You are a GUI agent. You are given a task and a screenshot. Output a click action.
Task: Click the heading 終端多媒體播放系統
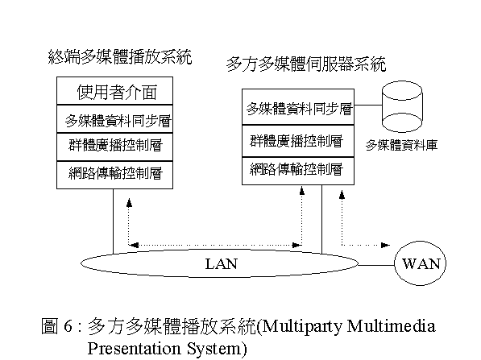click(120, 56)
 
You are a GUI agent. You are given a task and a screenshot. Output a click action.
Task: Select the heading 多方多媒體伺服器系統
click(306, 64)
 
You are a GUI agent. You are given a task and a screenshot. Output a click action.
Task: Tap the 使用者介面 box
click(114, 91)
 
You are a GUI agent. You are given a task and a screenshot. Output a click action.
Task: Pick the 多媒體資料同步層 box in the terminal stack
click(114, 119)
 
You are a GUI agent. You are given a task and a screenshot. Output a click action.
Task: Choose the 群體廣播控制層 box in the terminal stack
click(114, 147)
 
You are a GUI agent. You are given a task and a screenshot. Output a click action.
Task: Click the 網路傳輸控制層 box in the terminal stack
click(114, 175)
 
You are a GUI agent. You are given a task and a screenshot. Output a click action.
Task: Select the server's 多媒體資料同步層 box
click(298, 107)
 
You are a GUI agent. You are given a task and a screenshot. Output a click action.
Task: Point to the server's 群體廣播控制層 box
click(298, 142)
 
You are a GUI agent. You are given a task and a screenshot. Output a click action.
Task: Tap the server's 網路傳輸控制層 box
click(298, 171)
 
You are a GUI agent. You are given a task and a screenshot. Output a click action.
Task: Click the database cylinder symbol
click(402, 106)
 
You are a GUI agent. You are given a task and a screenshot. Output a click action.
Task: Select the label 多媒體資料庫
click(401, 145)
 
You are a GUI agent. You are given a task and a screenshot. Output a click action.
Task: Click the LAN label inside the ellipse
click(222, 264)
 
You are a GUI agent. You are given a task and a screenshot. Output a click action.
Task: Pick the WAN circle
click(420, 263)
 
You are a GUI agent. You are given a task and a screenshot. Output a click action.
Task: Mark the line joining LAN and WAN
click(376, 265)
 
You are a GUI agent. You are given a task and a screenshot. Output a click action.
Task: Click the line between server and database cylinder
click(368, 106)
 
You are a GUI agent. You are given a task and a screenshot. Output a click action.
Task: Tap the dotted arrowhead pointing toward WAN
click(385, 245)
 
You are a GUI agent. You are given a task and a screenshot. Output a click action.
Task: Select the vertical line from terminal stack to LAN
click(113, 221)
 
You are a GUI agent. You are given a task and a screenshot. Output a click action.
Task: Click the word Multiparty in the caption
click(302, 326)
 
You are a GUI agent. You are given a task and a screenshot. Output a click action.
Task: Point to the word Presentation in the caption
click(134, 349)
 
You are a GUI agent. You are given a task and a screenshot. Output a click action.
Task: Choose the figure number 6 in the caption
click(68, 325)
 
